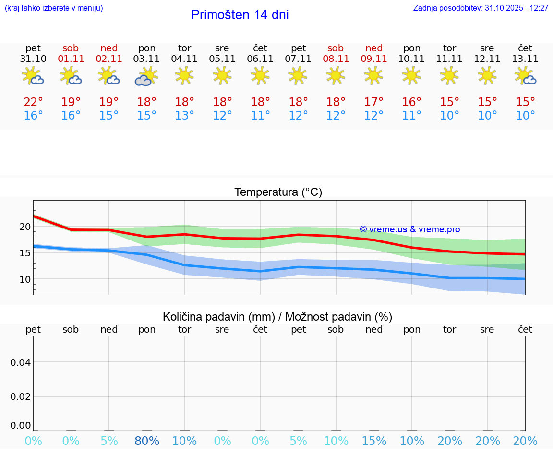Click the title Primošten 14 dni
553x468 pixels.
tap(240, 15)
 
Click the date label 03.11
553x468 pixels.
tap(147, 59)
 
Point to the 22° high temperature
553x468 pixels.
tap(33, 102)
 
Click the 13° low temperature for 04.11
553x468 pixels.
tap(184, 116)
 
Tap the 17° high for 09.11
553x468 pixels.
tap(373, 102)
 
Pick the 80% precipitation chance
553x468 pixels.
tap(147, 441)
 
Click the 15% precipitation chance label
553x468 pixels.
tap(373, 441)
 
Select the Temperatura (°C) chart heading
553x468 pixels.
tap(278, 192)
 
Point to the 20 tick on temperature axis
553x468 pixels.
tap(25, 227)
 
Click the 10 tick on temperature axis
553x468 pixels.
tap(25, 279)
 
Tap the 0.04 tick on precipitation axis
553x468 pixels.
tap(21, 362)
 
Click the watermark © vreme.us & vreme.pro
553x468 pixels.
tap(409, 230)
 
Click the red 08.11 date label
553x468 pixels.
tap(336, 59)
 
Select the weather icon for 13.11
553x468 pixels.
tap(525, 76)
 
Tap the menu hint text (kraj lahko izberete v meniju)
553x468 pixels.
tap(54, 8)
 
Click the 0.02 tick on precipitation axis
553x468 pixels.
tap(21, 396)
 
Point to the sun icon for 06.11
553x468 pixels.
tap(260, 75)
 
